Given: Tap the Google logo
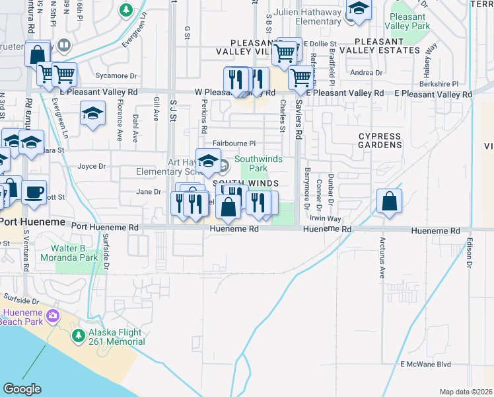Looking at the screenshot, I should (x=22, y=389).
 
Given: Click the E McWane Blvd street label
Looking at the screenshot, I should (x=425, y=365).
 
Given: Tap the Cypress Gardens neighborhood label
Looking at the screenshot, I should (x=380, y=140).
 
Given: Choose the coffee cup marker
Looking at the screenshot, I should (x=34, y=193).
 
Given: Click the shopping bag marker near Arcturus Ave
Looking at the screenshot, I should (x=390, y=201).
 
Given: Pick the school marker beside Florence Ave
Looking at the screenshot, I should (x=93, y=113).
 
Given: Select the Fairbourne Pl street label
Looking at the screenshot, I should (x=234, y=143).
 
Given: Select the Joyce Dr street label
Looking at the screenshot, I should (x=92, y=167).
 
